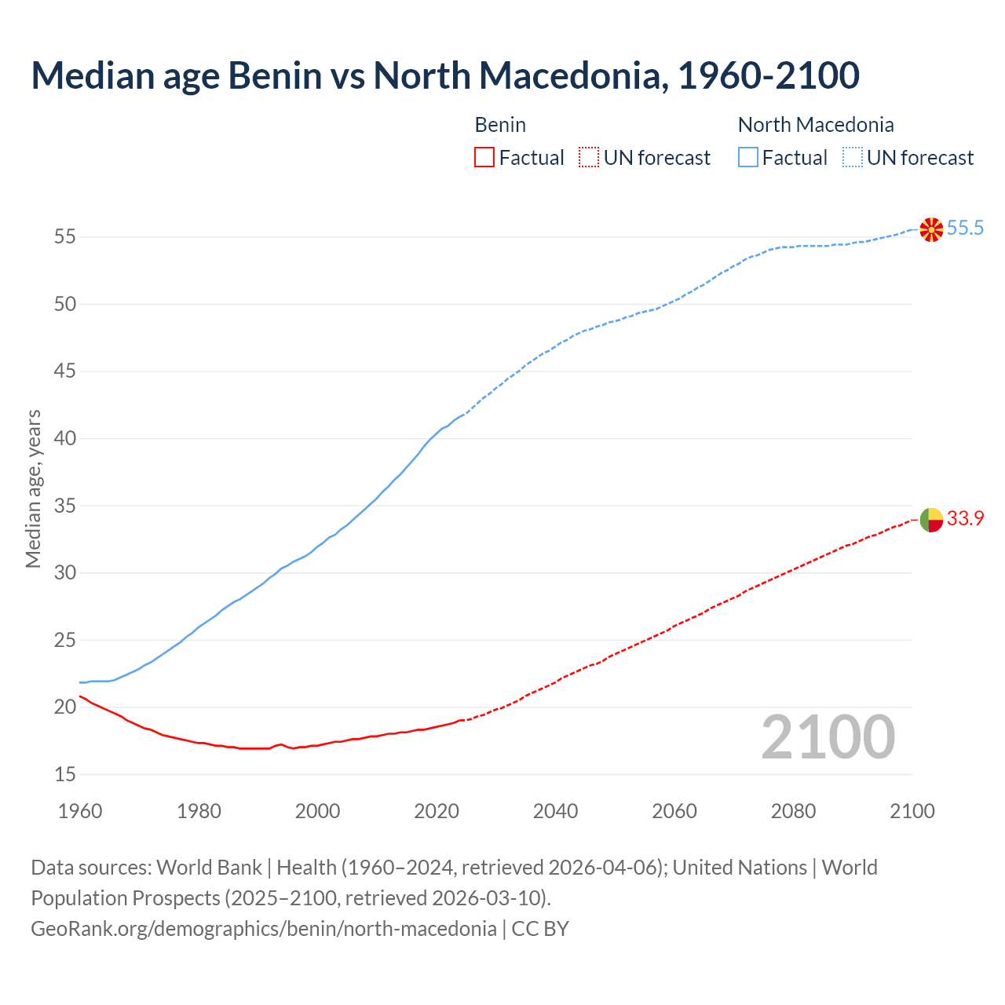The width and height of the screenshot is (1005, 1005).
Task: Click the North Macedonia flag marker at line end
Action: coord(931,229)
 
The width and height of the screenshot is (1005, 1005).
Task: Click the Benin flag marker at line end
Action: coord(931,520)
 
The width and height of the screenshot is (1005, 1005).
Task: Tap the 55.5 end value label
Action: coord(965,228)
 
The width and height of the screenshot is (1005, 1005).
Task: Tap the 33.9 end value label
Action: coord(965,519)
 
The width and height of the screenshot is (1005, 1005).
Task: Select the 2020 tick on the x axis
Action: coord(437,811)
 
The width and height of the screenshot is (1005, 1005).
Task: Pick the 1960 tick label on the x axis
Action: coord(80,811)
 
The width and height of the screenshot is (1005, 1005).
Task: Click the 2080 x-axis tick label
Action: coord(793,811)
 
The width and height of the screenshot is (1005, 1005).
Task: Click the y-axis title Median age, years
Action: coord(33,488)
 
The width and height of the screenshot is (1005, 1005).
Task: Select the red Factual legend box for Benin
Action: coord(484,158)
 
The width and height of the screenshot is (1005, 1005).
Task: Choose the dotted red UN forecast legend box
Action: coord(589,158)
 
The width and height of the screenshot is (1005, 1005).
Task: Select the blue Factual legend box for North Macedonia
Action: coord(748,158)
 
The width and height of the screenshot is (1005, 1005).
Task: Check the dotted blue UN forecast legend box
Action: coord(853,158)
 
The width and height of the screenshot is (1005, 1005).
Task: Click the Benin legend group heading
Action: coord(500,125)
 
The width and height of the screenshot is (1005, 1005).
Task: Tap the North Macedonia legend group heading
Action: coord(816,125)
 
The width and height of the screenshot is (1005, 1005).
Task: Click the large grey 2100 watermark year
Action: coord(828,737)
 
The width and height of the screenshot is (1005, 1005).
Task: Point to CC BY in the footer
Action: coord(540,929)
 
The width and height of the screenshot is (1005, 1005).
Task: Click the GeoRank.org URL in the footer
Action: coord(263,929)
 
